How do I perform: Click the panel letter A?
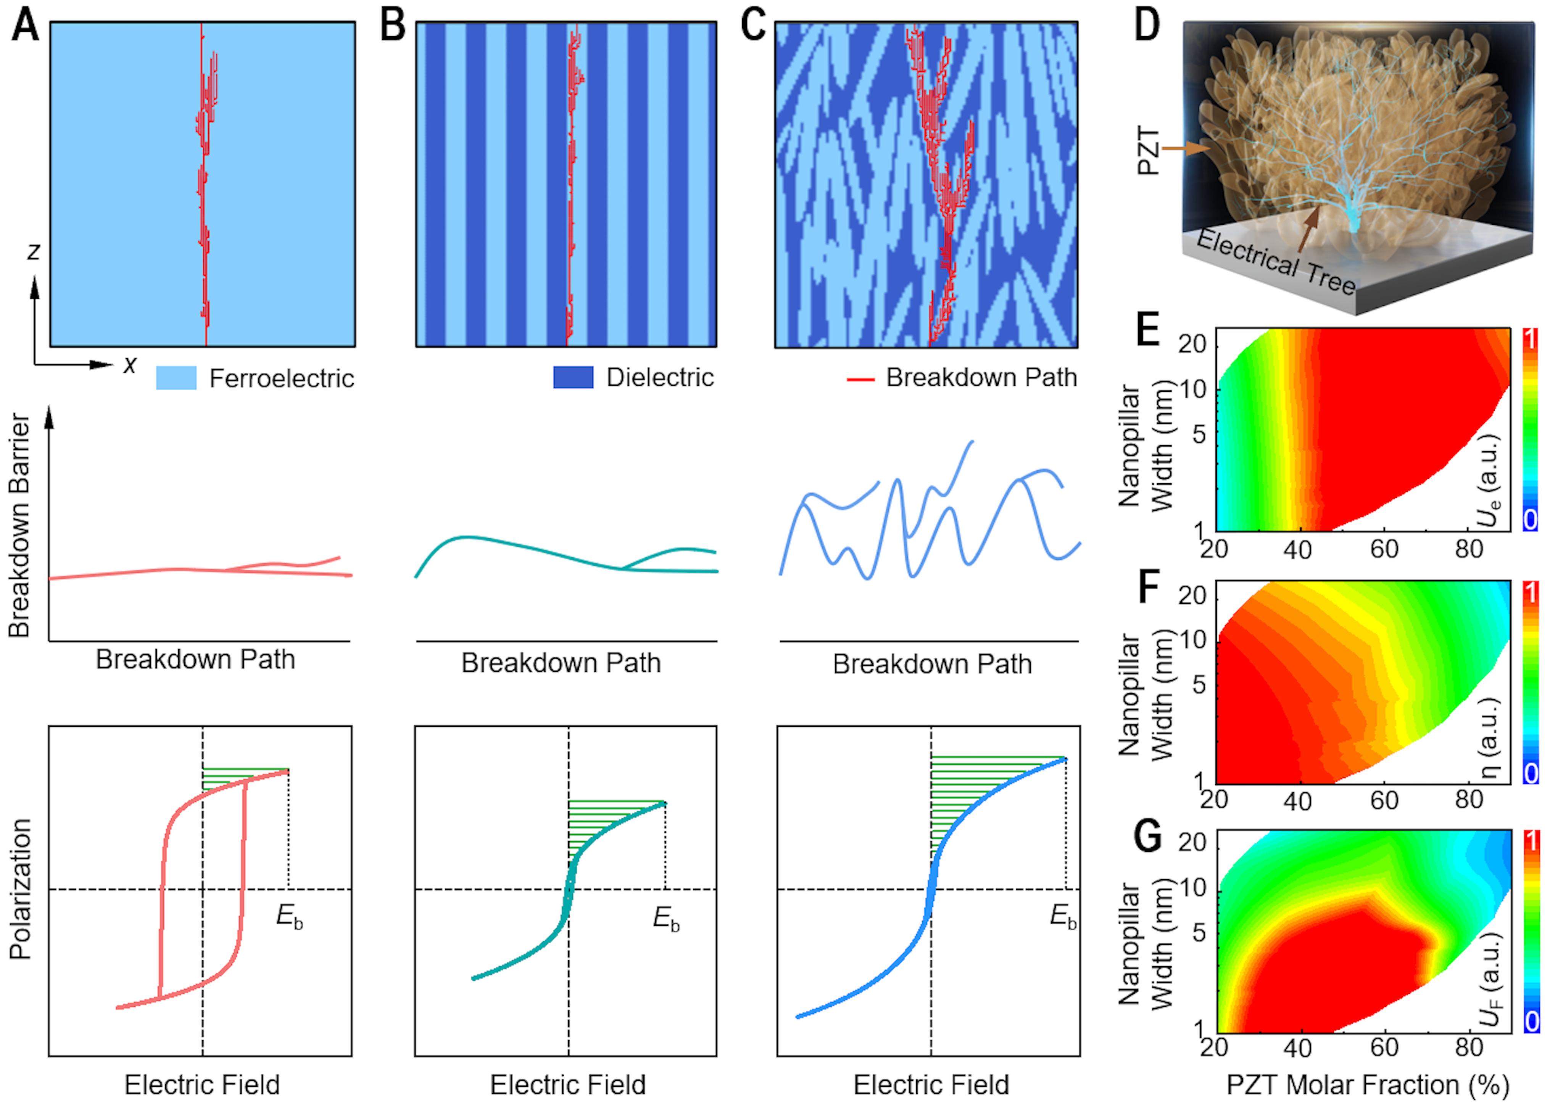click(x=25, y=26)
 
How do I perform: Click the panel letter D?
click(x=1147, y=26)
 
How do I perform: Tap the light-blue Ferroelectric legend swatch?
click(x=176, y=378)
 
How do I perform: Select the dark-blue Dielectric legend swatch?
click(x=573, y=377)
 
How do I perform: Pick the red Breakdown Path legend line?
click(x=860, y=379)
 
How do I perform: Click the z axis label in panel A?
click(x=33, y=251)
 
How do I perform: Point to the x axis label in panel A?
click(x=129, y=365)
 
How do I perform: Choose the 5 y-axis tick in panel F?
click(x=1199, y=684)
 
